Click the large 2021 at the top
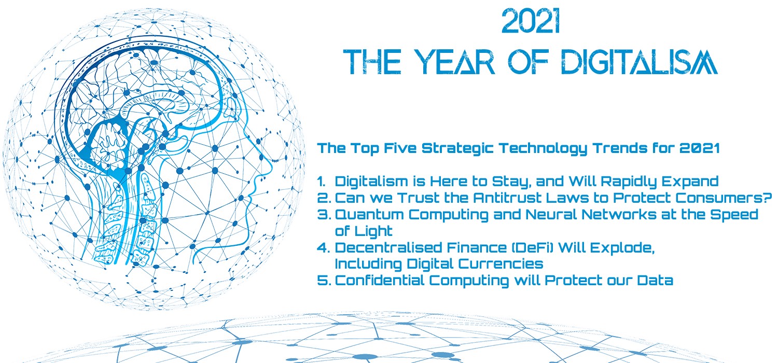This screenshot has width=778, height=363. [x=531, y=21]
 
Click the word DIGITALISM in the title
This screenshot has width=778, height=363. [x=640, y=62]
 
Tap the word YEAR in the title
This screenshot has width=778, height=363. [x=454, y=62]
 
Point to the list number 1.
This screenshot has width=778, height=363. [x=321, y=181]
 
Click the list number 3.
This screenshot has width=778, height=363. [x=324, y=214]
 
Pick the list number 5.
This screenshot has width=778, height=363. [x=324, y=281]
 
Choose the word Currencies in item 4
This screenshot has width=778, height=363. [x=501, y=264]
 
